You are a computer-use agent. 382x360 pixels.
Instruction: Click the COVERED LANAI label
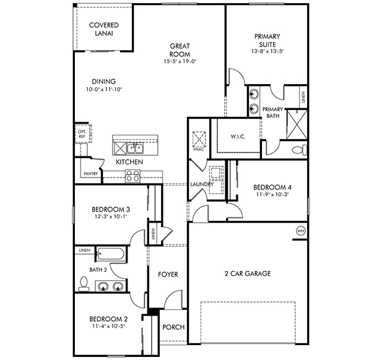(x=103, y=29)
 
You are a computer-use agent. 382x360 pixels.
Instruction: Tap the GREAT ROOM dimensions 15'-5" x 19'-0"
(x=180, y=62)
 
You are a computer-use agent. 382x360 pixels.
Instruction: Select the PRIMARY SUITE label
(x=267, y=41)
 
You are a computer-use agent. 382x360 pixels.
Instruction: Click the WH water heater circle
(x=301, y=231)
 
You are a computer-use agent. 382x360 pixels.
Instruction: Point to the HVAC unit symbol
(x=199, y=139)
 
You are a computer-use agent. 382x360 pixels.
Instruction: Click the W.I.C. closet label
(x=238, y=136)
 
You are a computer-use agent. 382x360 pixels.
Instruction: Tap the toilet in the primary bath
(x=298, y=149)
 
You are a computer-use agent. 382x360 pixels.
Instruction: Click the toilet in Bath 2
(x=82, y=283)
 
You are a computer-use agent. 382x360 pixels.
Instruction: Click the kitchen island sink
(x=134, y=148)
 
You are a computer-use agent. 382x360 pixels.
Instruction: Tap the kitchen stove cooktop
(x=133, y=176)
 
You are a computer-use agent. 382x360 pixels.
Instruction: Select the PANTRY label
(x=90, y=174)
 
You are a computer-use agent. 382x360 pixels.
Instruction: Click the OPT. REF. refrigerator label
(x=82, y=134)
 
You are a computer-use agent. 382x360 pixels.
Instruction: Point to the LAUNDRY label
(x=202, y=184)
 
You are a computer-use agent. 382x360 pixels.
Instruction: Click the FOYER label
(x=168, y=274)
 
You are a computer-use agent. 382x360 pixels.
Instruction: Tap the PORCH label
(x=173, y=327)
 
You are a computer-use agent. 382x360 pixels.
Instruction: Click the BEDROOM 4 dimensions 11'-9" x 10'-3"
(x=272, y=194)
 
